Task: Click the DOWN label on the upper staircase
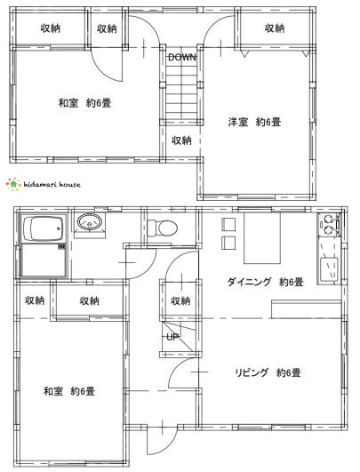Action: pyautogui.click(x=182, y=57)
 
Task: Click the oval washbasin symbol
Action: pyautogui.click(x=86, y=222)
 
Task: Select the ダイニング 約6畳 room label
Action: pyautogui.click(x=266, y=283)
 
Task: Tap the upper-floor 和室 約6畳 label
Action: pyautogui.click(x=84, y=103)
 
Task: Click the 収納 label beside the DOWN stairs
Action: pyautogui.click(x=182, y=140)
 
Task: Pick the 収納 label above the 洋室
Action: pyautogui.click(x=274, y=28)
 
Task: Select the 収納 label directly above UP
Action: pyautogui.click(x=180, y=301)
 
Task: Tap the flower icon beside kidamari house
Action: pyautogui.click(x=11, y=184)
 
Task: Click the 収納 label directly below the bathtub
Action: pyautogui.click(x=35, y=300)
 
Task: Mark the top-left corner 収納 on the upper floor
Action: pyautogui.click(x=51, y=28)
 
